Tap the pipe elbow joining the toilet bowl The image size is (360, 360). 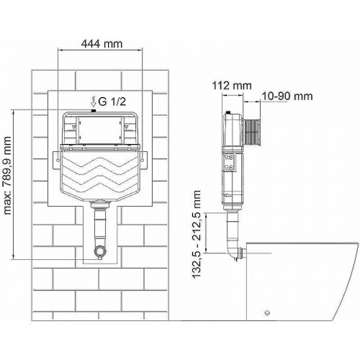[x=230, y=253]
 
